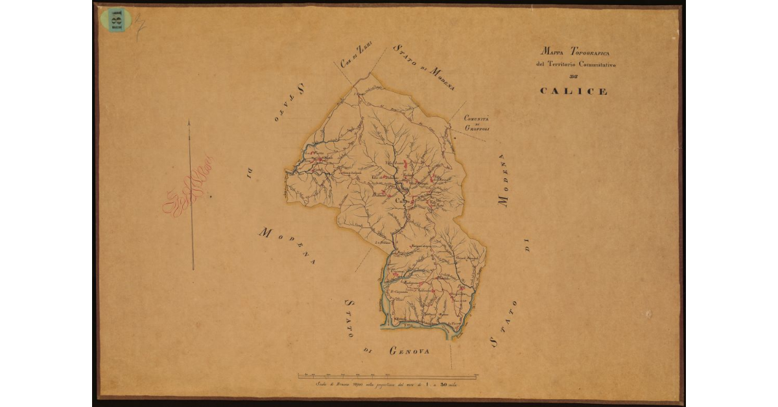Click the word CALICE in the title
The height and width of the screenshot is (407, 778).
click(x=573, y=91)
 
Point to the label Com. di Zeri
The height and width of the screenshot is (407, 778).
click(x=356, y=58)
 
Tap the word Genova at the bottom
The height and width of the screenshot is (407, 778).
click(x=410, y=351)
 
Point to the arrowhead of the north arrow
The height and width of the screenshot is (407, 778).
click(x=189, y=123)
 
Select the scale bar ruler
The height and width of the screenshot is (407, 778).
click(x=387, y=375)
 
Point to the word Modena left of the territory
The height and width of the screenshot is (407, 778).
click(x=286, y=246)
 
